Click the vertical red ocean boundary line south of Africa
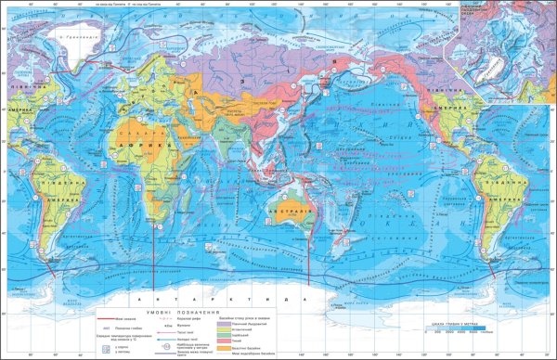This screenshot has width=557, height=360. (x=154, y=260)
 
